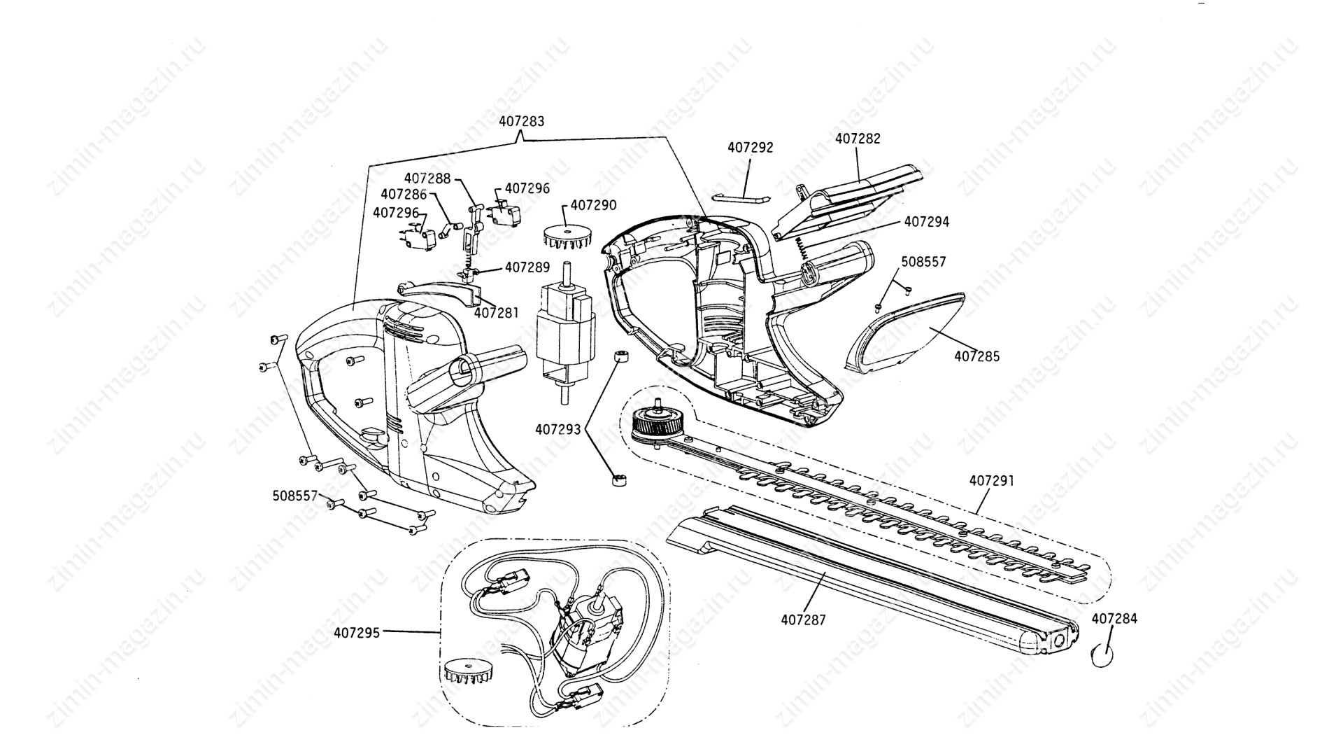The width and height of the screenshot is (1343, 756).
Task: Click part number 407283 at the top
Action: pos(521,121)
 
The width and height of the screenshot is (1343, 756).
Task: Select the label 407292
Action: pos(750,148)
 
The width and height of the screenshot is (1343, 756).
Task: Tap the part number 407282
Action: pos(858,139)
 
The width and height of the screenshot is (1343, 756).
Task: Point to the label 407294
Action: pos(927,222)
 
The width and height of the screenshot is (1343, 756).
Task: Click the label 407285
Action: pos(976,356)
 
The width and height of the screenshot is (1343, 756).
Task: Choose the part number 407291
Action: pos(991,482)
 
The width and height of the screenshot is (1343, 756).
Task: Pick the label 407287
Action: pos(803,619)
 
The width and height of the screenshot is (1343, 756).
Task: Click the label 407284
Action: pos(1114,619)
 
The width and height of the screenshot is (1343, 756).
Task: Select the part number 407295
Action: pos(357,633)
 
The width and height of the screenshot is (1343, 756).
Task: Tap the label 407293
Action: pos(558,429)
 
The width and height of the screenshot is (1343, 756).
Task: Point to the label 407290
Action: pos(593,205)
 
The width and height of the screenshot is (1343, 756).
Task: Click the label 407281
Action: pos(496,313)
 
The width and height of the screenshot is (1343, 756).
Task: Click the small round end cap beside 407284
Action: pos(1102,656)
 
